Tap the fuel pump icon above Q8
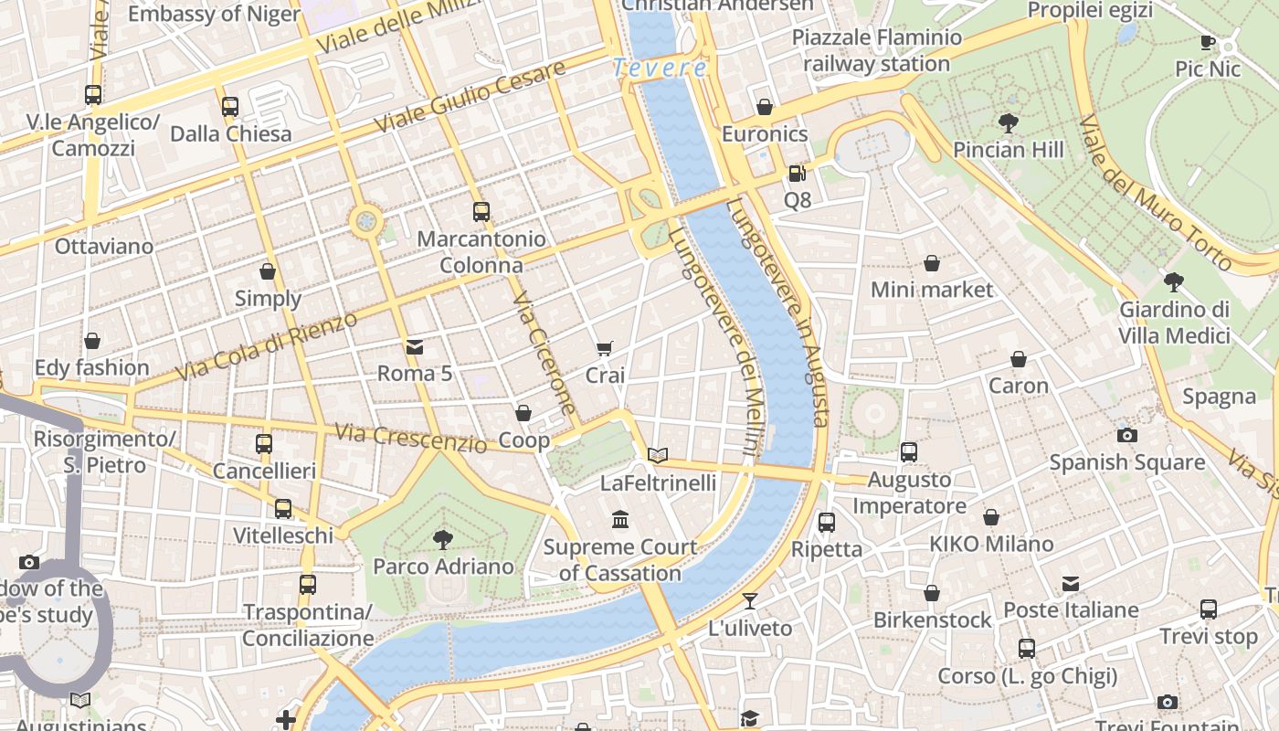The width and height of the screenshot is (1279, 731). (x=797, y=173)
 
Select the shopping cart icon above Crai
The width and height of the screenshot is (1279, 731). (x=604, y=348)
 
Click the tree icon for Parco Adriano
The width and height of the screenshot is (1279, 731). (x=443, y=539)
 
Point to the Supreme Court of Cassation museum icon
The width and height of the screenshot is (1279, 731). (x=620, y=519)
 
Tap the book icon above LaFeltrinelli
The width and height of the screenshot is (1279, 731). (x=658, y=455)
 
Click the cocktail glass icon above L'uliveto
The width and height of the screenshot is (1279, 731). (x=750, y=600)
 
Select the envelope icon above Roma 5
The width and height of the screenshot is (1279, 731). (x=415, y=346)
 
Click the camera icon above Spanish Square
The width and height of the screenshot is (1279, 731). (x=1127, y=435)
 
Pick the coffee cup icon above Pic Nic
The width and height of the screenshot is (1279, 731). (x=1208, y=42)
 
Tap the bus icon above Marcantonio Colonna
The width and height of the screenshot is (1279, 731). (x=481, y=212)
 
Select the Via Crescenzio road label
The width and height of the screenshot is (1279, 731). (x=411, y=439)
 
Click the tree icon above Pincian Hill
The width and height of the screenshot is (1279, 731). (x=1009, y=122)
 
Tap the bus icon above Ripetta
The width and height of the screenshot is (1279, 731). (x=827, y=523)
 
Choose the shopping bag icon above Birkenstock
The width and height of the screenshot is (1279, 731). (x=932, y=593)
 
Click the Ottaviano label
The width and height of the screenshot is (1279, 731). (x=104, y=247)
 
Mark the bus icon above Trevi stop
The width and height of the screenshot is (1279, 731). (x=1209, y=609)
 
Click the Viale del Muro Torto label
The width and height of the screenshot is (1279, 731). (x=1155, y=193)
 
